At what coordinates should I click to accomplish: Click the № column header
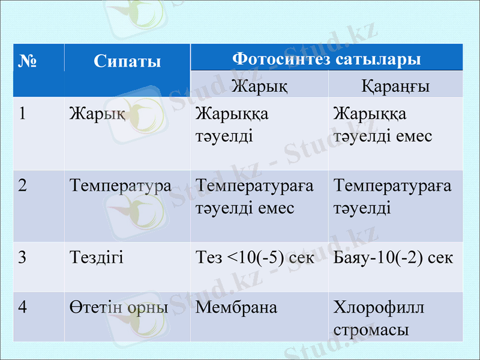[x=28, y=61]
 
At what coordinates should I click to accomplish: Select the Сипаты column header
[x=127, y=61]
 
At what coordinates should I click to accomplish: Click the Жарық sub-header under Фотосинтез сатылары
[x=259, y=86]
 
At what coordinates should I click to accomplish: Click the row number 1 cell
[x=23, y=113]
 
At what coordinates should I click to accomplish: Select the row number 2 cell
[x=23, y=185]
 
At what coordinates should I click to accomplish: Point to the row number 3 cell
[x=23, y=257]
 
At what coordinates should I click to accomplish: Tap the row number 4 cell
[x=23, y=307]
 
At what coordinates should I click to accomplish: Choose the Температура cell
[x=120, y=185]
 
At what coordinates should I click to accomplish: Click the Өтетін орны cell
[x=119, y=307]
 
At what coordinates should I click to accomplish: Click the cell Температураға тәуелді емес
[x=255, y=197]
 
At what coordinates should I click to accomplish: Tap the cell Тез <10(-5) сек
[x=256, y=257]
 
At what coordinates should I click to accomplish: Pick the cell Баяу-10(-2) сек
[x=394, y=257]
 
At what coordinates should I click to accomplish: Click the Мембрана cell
[x=236, y=307]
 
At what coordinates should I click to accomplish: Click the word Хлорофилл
[x=379, y=308]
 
